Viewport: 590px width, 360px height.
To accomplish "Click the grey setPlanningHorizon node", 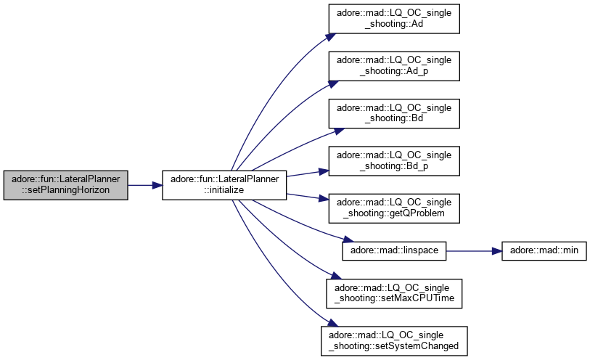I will click(x=66, y=186).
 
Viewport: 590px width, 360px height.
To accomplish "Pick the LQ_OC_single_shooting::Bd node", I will click(x=395, y=112).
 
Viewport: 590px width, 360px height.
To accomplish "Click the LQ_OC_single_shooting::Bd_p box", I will click(x=395, y=160).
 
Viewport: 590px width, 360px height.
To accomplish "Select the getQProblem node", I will click(x=395, y=207).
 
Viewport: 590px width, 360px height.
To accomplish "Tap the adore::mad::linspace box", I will click(x=394, y=250).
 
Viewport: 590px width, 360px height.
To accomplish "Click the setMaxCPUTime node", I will click(x=395, y=292).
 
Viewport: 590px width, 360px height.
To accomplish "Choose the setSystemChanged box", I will click(x=395, y=339).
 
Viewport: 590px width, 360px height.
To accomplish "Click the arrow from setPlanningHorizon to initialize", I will click(x=144, y=186).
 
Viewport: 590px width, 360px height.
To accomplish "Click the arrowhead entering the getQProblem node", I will click(x=324, y=200).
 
